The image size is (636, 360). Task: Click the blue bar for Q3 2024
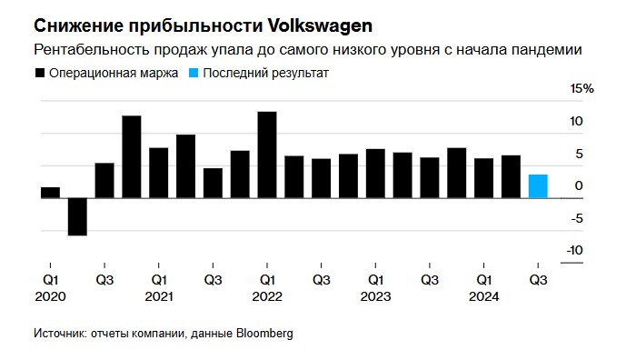(538, 186)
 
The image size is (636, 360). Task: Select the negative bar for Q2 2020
(77, 216)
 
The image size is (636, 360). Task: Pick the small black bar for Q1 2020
(50, 193)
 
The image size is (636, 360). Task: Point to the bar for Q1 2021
(159, 173)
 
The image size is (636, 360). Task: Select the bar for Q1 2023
(375, 174)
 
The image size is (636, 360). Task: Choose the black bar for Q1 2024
(483, 178)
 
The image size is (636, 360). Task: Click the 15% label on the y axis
(581, 89)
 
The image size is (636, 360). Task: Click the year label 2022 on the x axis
(267, 296)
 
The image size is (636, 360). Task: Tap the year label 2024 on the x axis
(484, 296)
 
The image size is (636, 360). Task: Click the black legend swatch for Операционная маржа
(39, 72)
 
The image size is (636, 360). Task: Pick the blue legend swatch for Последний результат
(194, 72)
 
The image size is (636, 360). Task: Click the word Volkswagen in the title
(309, 21)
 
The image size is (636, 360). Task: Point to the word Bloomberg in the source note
(263, 334)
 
